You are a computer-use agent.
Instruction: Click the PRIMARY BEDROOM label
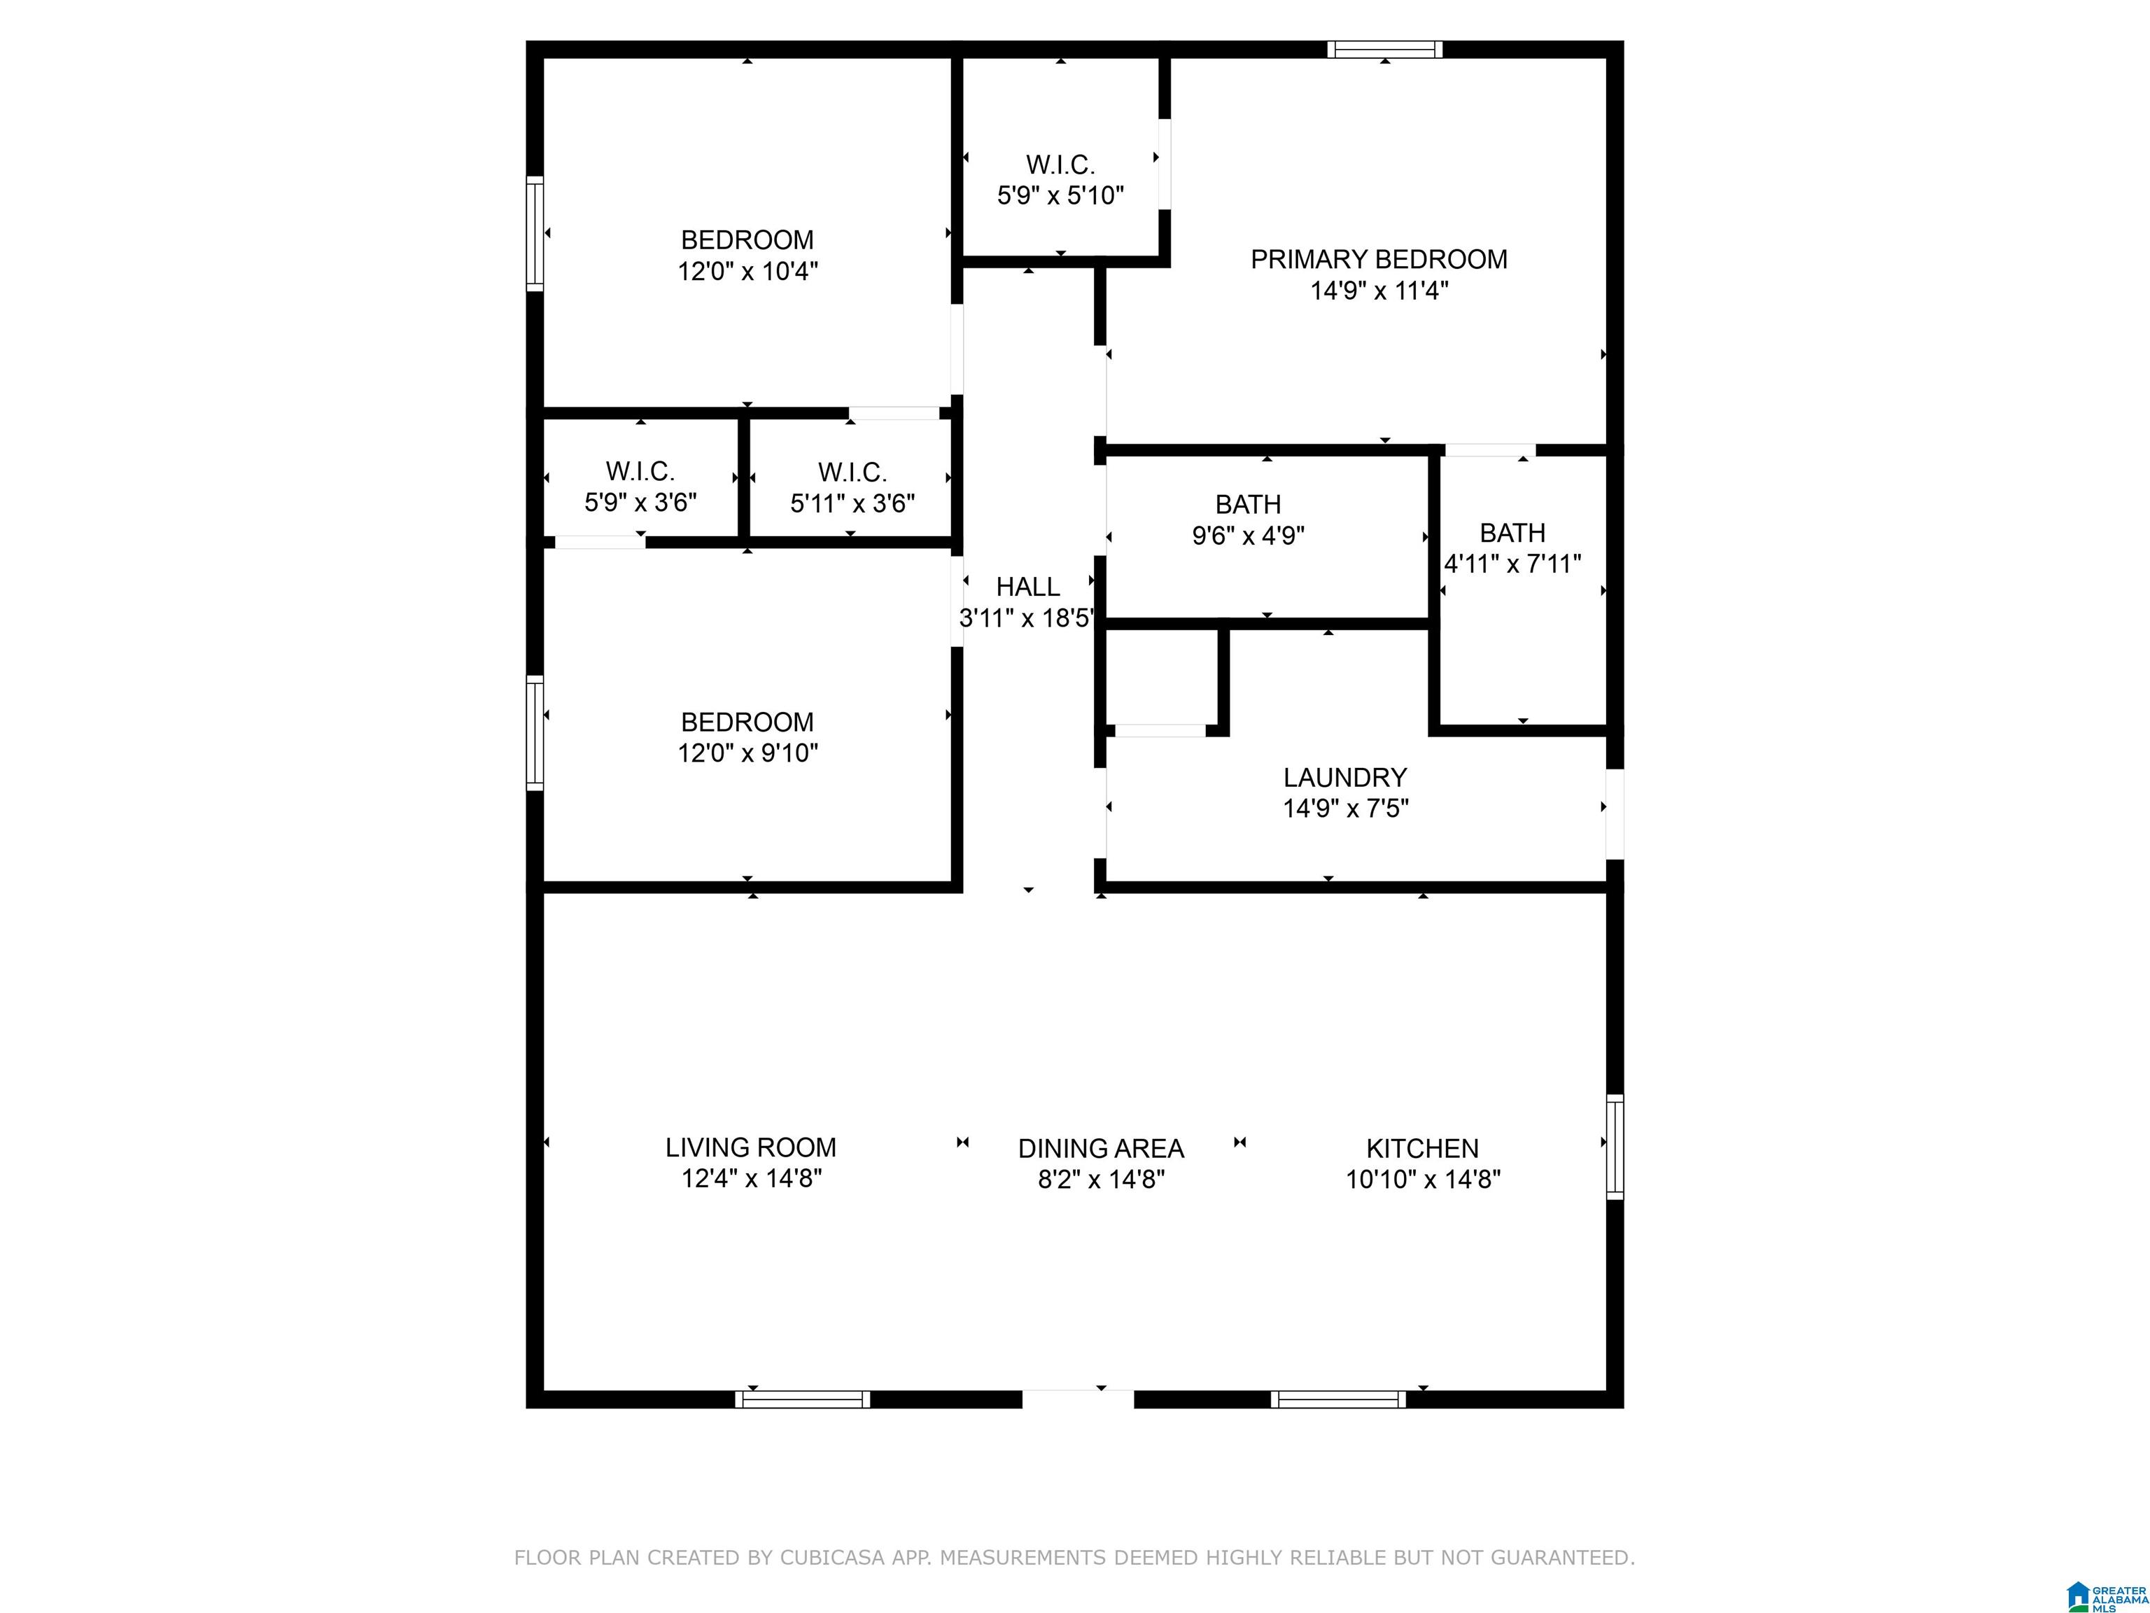pyautogui.click(x=1378, y=260)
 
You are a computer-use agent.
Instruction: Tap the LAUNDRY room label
pyautogui.click(x=1345, y=778)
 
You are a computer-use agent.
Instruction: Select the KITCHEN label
pyautogui.click(x=1422, y=1148)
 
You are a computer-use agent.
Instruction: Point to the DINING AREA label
pyautogui.click(x=1100, y=1148)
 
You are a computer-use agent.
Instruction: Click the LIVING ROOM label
pyautogui.click(x=750, y=1147)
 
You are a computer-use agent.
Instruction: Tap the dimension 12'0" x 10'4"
pyautogui.click(x=747, y=271)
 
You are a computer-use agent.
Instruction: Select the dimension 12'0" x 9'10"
pyautogui.click(x=747, y=753)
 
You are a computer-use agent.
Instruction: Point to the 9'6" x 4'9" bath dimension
pyautogui.click(x=1248, y=536)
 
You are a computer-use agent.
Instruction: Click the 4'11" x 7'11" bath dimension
pyautogui.click(x=1512, y=564)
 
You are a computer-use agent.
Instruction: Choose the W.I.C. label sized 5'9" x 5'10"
pyautogui.click(x=1060, y=165)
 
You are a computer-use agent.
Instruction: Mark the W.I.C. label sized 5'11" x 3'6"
pyautogui.click(x=852, y=473)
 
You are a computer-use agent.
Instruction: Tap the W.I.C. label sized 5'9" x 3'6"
pyautogui.click(x=640, y=472)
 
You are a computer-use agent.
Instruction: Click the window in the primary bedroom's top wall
pyautogui.click(x=1385, y=50)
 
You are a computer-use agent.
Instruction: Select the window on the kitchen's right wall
pyautogui.click(x=1615, y=1147)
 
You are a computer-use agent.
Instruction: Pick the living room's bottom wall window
pyautogui.click(x=802, y=1399)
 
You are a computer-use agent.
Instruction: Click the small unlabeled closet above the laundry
pyautogui.click(x=1162, y=678)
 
